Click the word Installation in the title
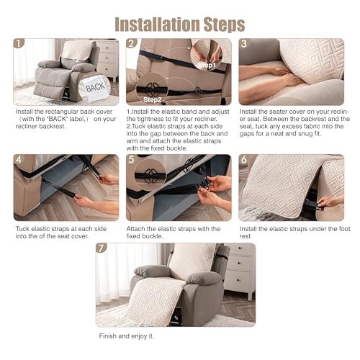click(157, 24)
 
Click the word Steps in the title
click(225, 25)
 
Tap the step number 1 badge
click(19, 43)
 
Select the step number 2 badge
click(132, 43)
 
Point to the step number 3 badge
click(244, 43)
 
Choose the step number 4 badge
click(19, 159)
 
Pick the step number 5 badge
click(131, 159)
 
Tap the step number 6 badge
click(244, 159)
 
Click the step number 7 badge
click(102, 248)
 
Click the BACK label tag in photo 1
click(95, 87)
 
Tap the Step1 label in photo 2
click(207, 66)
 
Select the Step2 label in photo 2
click(152, 99)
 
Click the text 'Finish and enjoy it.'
click(126, 336)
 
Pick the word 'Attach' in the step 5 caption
click(136, 229)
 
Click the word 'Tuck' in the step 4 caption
click(22, 229)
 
